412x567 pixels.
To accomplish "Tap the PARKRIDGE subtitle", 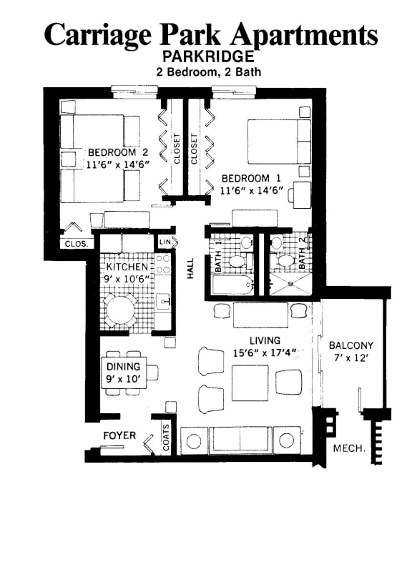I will [x=208, y=56].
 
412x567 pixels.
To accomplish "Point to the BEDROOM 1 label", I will [x=245, y=178].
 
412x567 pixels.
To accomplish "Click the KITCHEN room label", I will [x=127, y=267].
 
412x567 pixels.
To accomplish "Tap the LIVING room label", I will [x=265, y=340].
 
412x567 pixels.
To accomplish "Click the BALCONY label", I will [x=350, y=345].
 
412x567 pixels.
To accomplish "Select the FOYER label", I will [x=119, y=435].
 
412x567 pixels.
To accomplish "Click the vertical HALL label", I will [x=191, y=267].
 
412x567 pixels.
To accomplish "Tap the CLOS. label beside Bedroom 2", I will [x=77, y=244].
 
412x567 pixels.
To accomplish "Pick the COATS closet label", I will [x=167, y=438].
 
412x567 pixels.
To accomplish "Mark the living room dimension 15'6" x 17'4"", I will [x=265, y=352].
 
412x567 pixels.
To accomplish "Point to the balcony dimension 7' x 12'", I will [x=350, y=358].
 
